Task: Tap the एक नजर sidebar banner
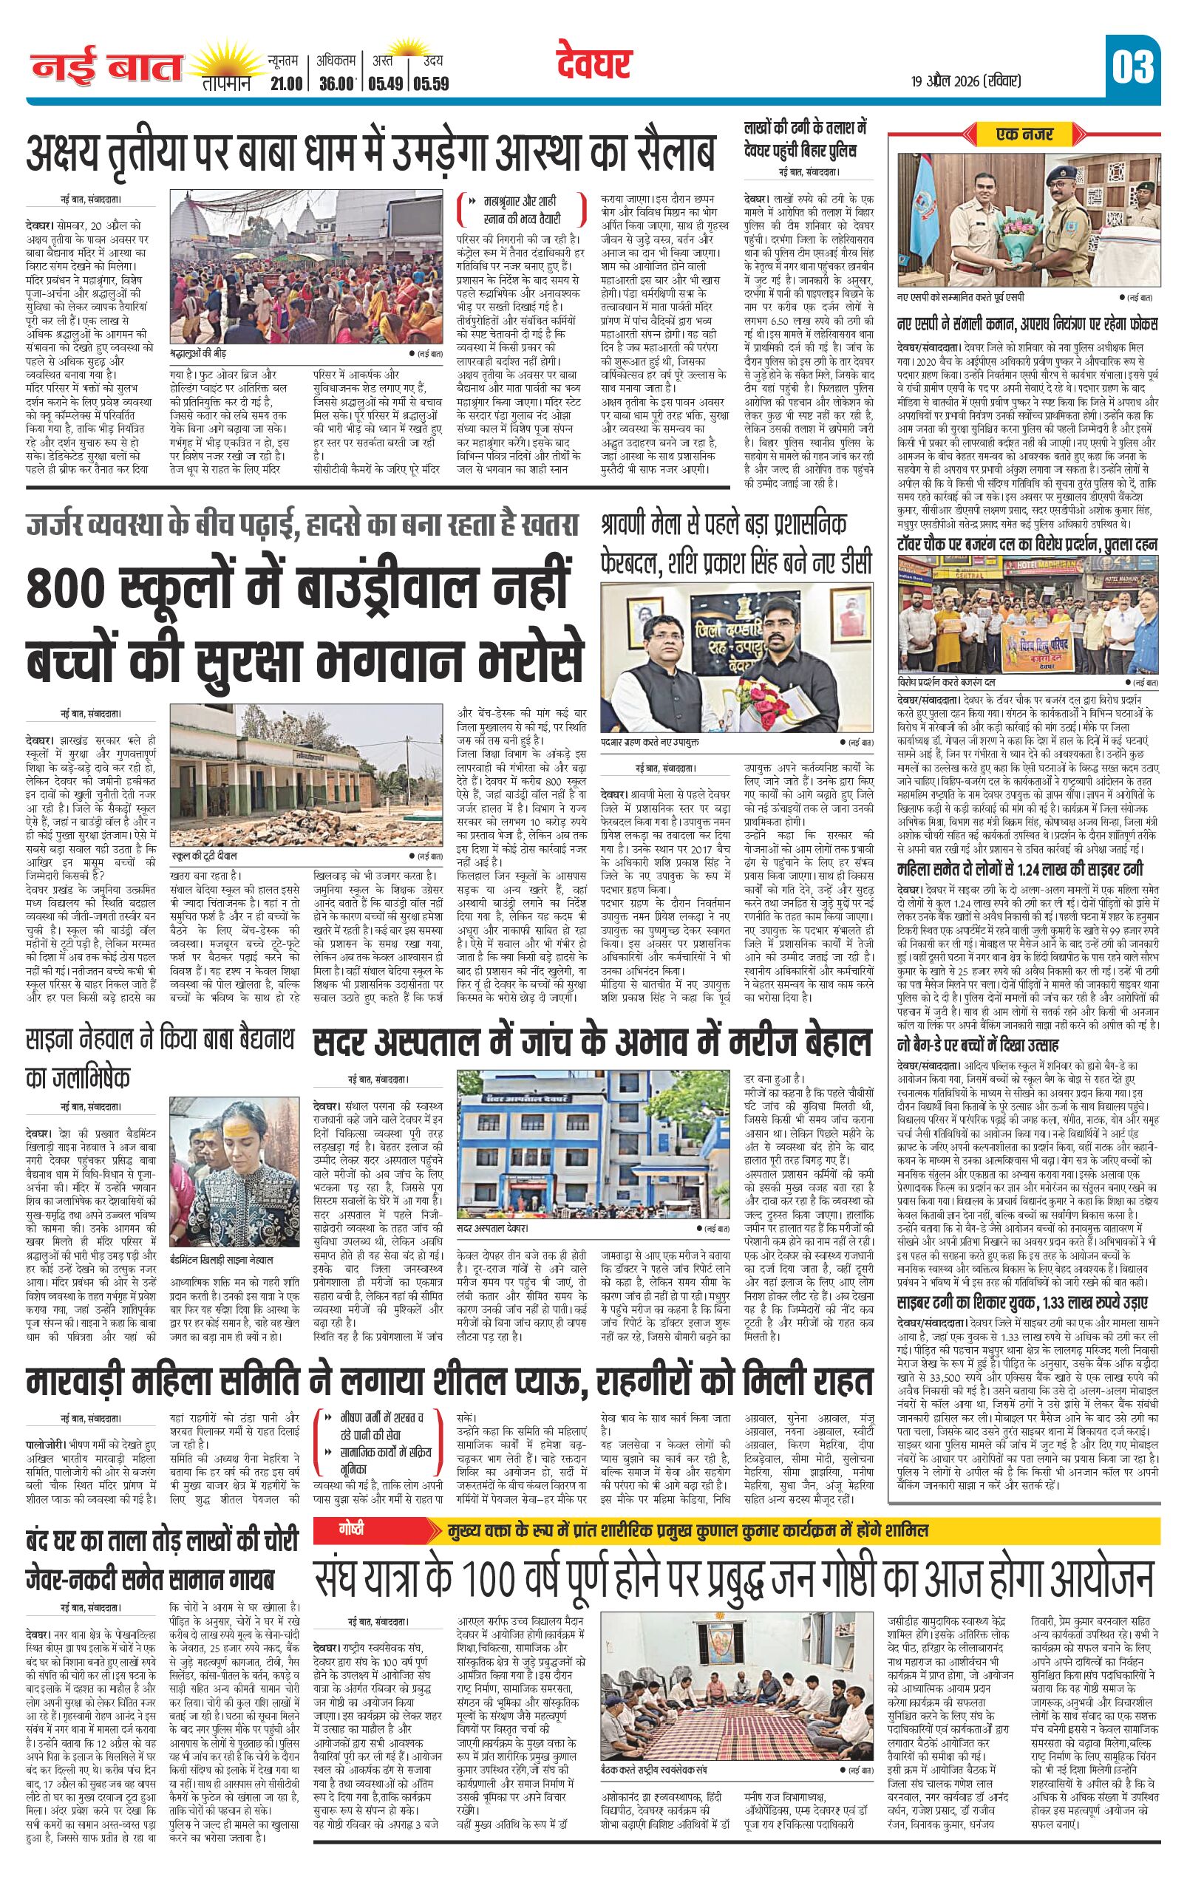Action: [1024, 134]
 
